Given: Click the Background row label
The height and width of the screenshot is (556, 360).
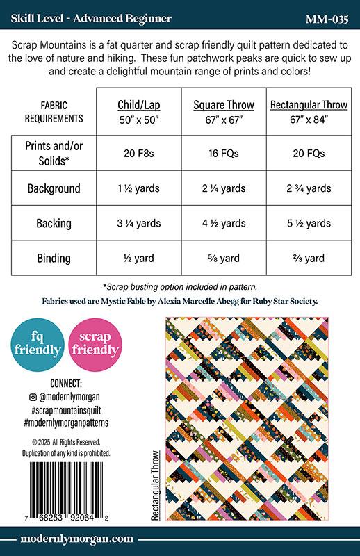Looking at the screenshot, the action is tap(54, 188).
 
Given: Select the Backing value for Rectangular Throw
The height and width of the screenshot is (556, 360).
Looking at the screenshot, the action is tap(309, 223).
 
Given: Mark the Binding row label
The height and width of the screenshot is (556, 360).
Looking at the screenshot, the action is tap(54, 259).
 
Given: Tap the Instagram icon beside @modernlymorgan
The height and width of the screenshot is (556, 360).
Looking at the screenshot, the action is tap(32, 397).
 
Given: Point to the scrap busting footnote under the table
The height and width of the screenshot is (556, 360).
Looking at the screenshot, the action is tap(179, 286).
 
